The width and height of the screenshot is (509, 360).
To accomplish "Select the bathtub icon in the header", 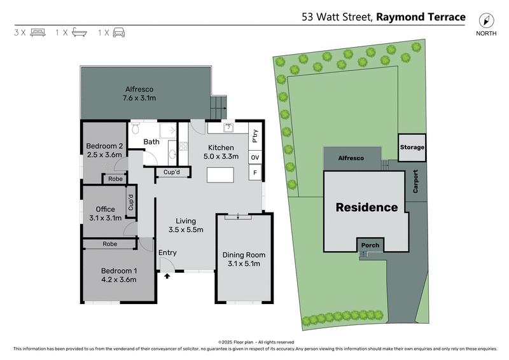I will coord(79,32).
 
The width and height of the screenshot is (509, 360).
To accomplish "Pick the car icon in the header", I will coord(118,32).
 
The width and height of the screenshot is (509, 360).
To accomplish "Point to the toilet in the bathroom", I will coord(135,130).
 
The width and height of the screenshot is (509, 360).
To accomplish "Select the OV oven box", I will coord(254,157).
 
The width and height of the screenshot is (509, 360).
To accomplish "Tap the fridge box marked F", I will coord(254,173).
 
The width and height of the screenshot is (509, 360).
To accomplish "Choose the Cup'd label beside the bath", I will coord(171,172).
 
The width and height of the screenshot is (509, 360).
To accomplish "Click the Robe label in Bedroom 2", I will coord(115,179).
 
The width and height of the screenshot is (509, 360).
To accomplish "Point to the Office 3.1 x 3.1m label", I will coord(106,213).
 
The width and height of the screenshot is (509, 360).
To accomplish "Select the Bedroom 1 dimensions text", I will coord(118,279).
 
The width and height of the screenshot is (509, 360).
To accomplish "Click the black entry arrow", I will coord(167,275).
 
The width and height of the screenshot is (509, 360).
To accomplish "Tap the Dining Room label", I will coord(244,260).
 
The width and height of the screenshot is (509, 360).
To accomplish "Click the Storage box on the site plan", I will coord(412,148).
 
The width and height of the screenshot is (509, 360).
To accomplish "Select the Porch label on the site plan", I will coord(370,246).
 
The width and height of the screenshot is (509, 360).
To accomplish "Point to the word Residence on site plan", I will coord(366,207).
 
